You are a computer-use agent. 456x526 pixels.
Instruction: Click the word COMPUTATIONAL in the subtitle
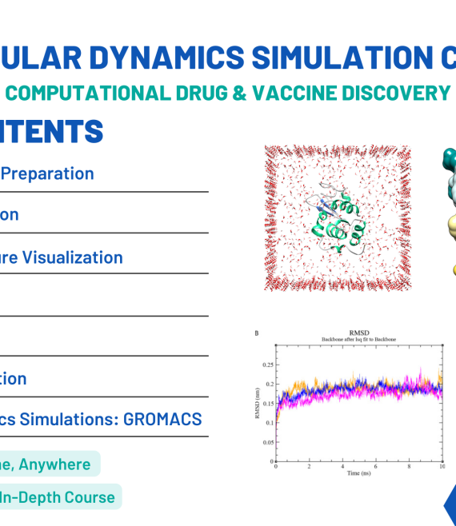[88, 93]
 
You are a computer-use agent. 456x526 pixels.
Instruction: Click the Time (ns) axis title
[358, 474]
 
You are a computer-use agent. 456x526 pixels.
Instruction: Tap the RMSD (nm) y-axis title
[257, 403]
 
